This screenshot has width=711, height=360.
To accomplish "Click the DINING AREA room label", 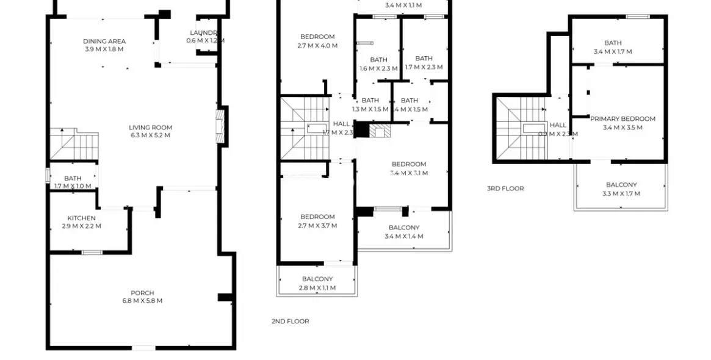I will [x=104, y=41].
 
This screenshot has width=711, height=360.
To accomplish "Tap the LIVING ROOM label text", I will [x=150, y=128].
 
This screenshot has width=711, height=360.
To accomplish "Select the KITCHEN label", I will [x=81, y=218].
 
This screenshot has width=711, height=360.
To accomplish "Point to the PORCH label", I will [x=142, y=293].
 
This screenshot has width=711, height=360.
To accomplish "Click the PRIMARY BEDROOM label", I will [x=622, y=119].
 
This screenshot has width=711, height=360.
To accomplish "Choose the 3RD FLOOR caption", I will [x=505, y=189].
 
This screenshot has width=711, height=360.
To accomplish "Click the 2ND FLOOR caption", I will [x=290, y=321].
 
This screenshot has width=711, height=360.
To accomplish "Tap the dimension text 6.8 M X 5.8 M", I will [x=142, y=301].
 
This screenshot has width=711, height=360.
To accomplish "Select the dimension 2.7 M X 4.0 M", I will [x=317, y=45].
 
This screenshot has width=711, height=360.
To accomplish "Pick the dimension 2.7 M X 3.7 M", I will [x=317, y=225].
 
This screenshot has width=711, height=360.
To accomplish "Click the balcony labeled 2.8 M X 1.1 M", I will [x=317, y=283].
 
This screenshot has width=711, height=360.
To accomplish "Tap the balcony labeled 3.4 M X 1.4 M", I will [x=404, y=232].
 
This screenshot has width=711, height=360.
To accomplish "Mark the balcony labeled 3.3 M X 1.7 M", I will [x=621, y=189].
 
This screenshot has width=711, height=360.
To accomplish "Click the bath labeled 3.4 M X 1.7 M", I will [x=613, y=47].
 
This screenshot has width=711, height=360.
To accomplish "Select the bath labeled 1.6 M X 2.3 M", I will [x=378, y=64].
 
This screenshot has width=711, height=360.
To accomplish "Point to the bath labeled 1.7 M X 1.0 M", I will [x=73, y=182].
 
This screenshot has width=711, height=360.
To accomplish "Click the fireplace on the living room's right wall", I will [x=222, y=126].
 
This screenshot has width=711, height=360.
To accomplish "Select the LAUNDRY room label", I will [x=204, y=36].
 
